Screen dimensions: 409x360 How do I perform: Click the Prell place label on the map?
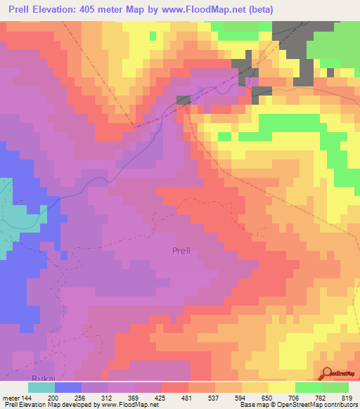[181, 249]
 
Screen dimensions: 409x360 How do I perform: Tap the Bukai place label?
[13, 376]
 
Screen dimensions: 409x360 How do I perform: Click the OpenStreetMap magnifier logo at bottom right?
[327, 374]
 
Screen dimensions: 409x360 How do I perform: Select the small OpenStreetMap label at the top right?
[340, 63]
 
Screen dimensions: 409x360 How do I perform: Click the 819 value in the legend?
[347, 398]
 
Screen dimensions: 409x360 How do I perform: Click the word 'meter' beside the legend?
[10, 398]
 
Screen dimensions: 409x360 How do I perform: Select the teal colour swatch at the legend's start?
[41, 387]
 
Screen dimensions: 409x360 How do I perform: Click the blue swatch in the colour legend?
[67, 387]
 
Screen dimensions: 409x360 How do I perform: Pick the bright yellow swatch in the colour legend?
[281, 387]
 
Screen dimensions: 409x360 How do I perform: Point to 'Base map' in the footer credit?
[252, 405]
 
